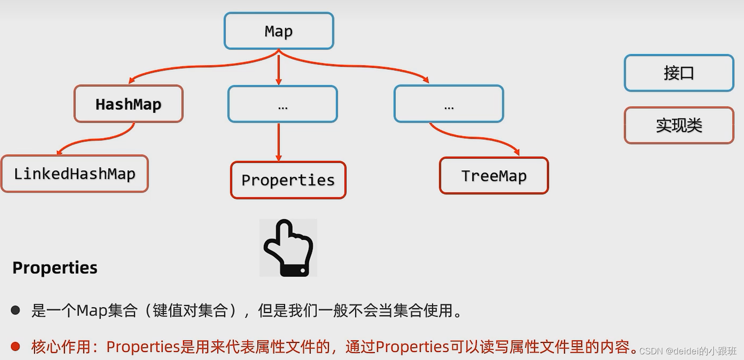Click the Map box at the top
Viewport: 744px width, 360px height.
[x=279, y=31]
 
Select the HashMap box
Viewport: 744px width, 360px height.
[x=129, y=104]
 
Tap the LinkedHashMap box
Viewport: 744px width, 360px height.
[x=74, y=174]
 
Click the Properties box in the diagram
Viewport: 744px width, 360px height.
[x=288, y=180]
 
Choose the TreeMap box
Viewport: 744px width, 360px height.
[x=494, y=176]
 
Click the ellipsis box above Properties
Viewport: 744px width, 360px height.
[x=282, y=104]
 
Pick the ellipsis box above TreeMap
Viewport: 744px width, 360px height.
[x=448, y=104]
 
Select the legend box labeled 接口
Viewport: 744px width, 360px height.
[x=679, y=73]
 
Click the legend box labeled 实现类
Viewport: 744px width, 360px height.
[x=679, y=125]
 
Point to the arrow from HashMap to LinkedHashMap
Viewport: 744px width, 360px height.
[x=95, y=140]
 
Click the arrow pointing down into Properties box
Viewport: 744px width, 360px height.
[x=279, y=142]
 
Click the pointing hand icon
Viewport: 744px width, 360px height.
[x=288, y=248]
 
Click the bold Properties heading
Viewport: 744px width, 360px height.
[x=55, y=268]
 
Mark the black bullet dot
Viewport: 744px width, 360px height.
[x=16, y=311]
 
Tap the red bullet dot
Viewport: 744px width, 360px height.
[x=16, y=347]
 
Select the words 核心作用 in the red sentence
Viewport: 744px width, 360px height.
[x=61, y=347]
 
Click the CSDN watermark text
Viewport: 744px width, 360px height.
[x=688, y=351]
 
